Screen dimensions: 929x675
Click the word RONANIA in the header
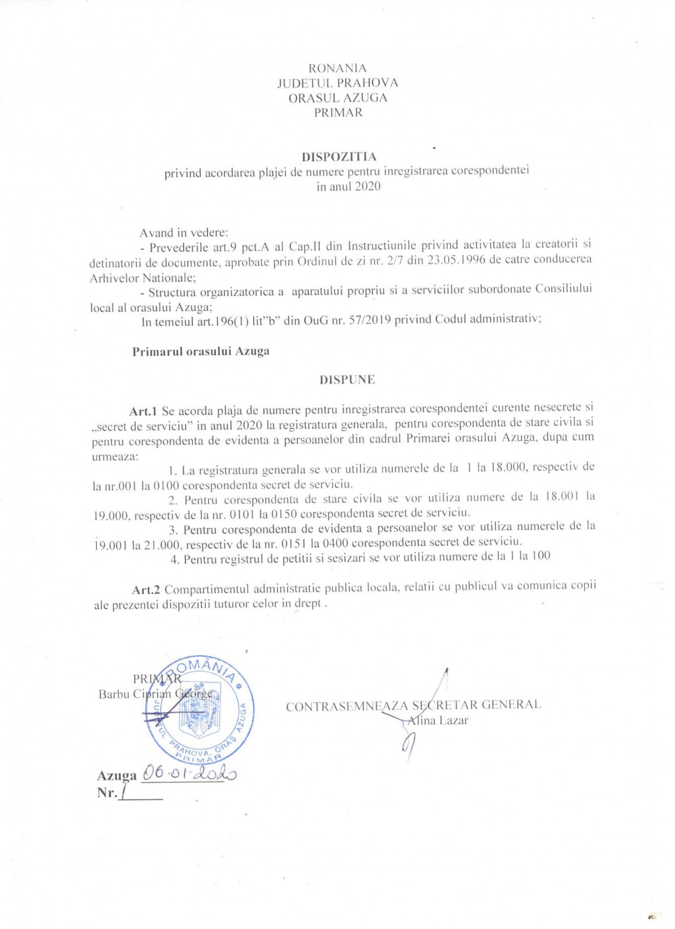coord(337,68)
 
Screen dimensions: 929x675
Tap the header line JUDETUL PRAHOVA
coord(337,83)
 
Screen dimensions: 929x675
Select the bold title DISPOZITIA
coord(339,157)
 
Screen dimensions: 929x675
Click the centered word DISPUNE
coord(347,380)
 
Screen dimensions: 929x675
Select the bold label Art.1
coord(143,411)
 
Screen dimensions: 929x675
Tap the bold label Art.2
coord(146,589)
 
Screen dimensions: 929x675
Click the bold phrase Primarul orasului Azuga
coord(200,351)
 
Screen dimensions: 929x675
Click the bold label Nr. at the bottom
coord(107,793)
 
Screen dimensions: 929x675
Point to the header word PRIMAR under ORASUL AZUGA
coord(338,113)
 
